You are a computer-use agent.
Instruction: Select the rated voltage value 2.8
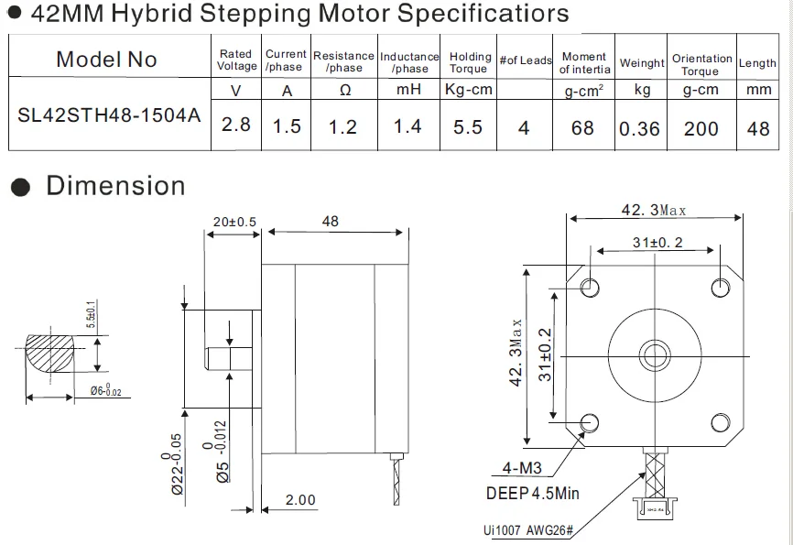tap(236, 125)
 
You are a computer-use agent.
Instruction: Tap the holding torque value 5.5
tap(468, 126)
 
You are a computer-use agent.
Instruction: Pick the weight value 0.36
tap(639, 128)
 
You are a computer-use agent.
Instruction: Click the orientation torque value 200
tap(701, 128)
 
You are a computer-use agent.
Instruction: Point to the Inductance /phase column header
tap(409, 62)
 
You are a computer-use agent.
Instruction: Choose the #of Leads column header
tap(526, 60)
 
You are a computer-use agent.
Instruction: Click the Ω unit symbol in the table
tap(345, 91)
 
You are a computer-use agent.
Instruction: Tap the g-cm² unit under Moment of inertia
tap(583, 91)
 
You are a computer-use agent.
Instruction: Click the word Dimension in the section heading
tap(115, 186)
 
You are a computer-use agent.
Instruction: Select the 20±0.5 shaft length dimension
tap(234, 222)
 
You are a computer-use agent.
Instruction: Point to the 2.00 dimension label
tap(299, 500)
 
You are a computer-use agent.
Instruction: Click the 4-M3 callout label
tap(522, 468)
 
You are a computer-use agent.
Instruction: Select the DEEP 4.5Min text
tap(532, 494)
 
